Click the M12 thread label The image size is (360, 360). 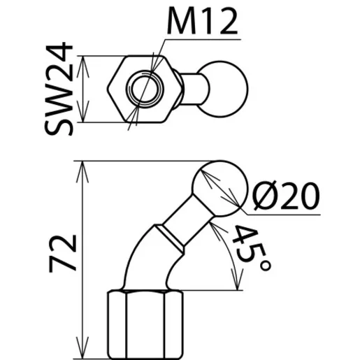click(x=202, y=20)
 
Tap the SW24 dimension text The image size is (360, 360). click(x=59, y=89)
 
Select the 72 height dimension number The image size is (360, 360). click(x=62, y=254)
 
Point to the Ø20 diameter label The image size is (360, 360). click(x=286, y=196)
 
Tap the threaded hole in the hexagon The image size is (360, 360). click(x=145, y=89)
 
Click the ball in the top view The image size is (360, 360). click(x=222, y=89)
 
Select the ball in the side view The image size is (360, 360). click(x=219, y=189)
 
